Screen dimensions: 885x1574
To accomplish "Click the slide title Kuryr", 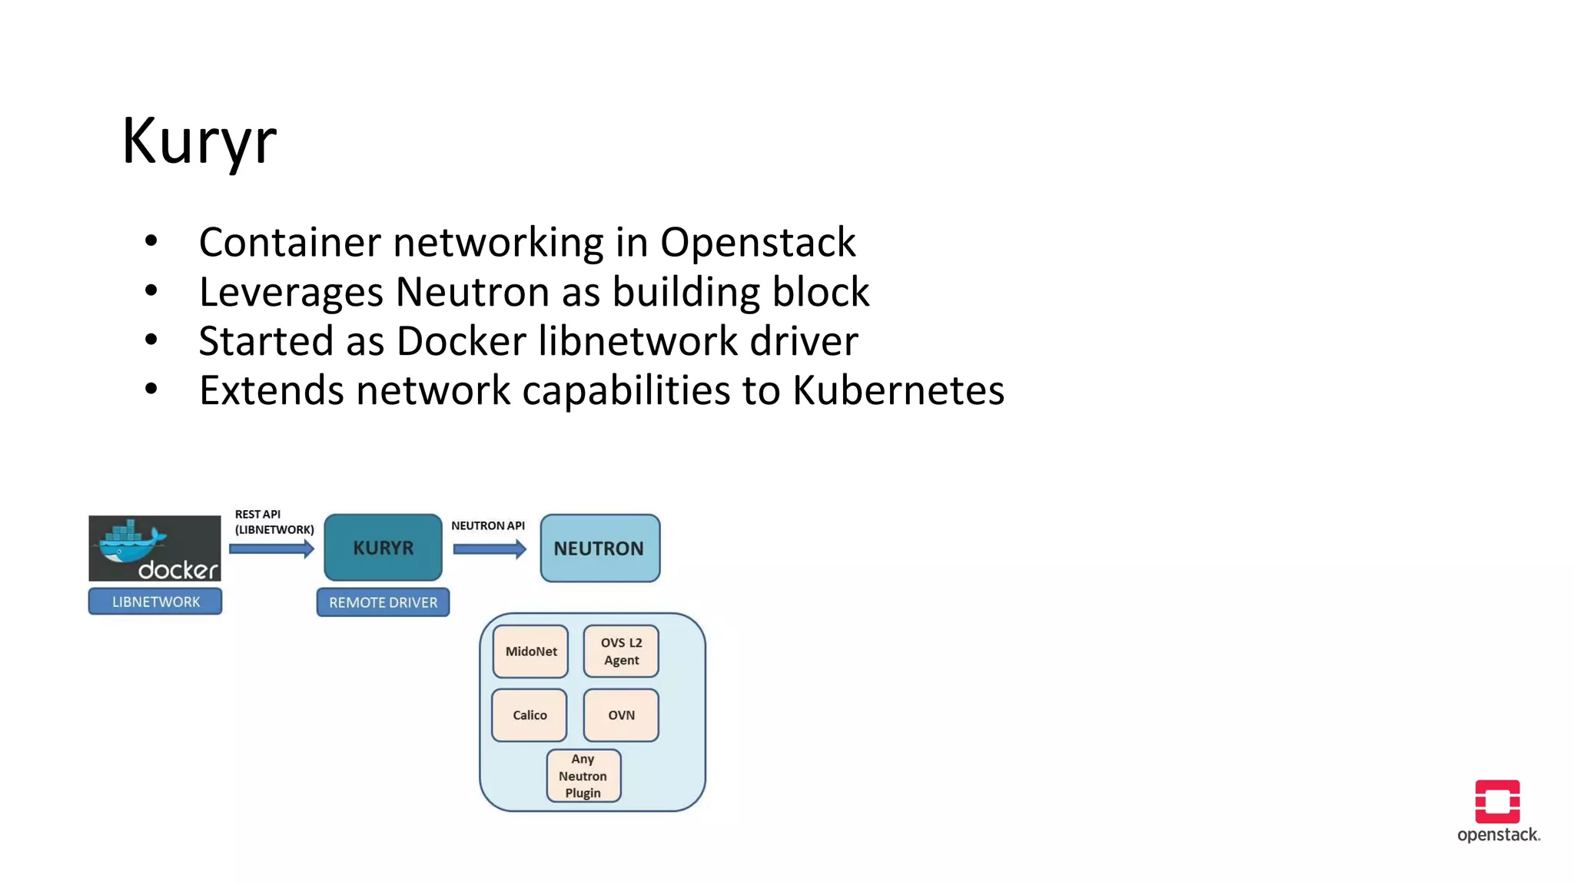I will coord(199,141).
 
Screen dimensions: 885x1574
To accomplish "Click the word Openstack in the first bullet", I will coord(757,243).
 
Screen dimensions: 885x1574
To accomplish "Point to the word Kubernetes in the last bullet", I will coord(898,391).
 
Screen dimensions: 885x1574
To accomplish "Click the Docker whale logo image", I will coord(154,548).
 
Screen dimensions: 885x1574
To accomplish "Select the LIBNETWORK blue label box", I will coord(155,602).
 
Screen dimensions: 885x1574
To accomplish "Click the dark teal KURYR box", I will coord(383,548).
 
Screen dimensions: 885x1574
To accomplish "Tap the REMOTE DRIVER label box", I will coord(383,602).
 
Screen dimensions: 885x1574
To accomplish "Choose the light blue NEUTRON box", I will coord(599,549).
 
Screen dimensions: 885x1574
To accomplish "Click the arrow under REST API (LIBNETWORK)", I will coord(271,549).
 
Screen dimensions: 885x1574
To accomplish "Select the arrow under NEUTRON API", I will coord(490,549).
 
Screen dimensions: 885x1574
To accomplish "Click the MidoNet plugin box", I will coord(530,651).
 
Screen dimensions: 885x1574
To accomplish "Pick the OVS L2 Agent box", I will coord(621,651).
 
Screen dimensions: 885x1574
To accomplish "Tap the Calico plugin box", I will coord(530,715).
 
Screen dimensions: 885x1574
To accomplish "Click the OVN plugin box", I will coord(621,715).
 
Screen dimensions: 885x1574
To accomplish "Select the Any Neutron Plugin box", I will coord(583,776).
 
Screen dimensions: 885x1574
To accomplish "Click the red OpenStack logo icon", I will coord(1497,801).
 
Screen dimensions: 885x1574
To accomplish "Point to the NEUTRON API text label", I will coord(487,526).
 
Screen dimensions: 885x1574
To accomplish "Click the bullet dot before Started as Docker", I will coord(151,340).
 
